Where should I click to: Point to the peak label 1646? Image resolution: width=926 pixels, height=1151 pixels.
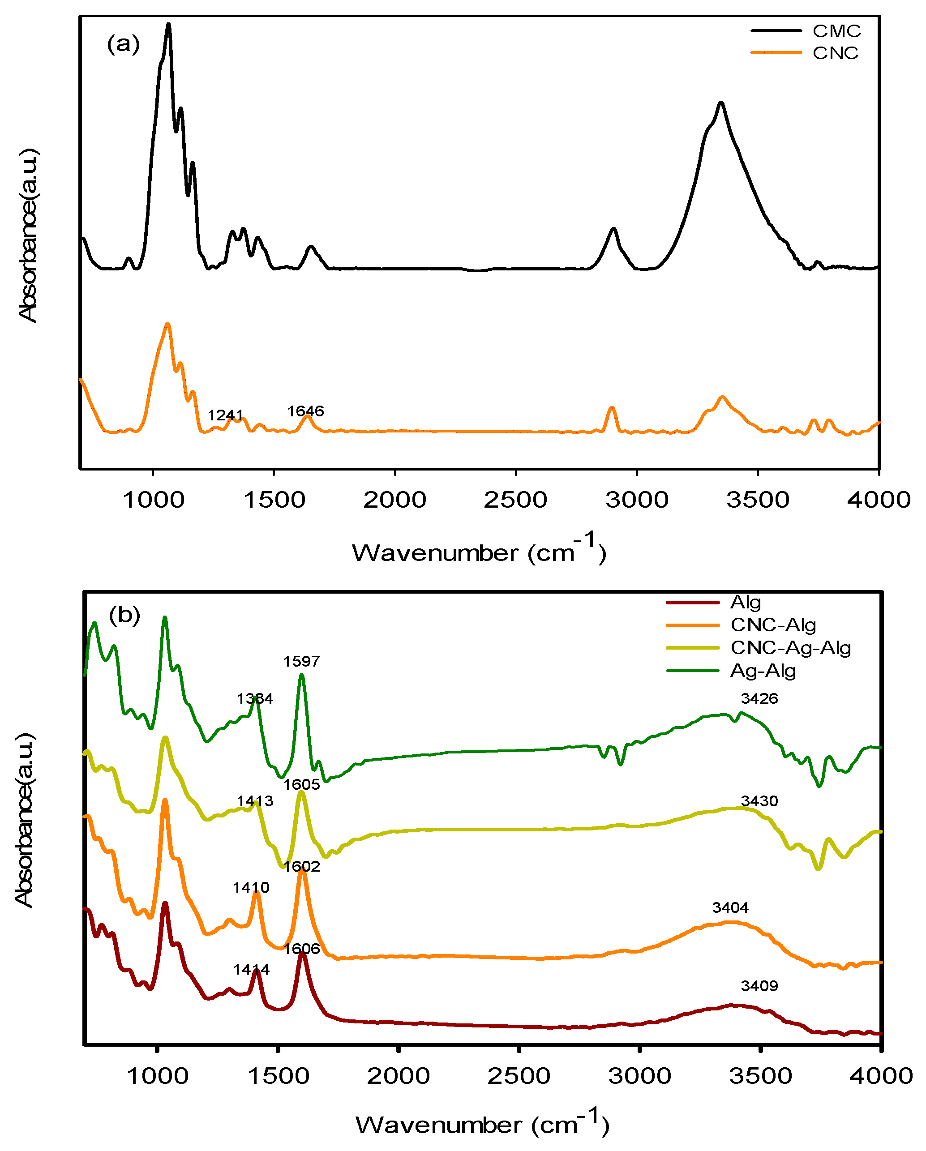tap(305, 411)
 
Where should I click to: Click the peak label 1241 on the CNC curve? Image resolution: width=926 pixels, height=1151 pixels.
tap(225, 415)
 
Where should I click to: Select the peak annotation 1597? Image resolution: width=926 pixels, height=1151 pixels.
tap(301, 661)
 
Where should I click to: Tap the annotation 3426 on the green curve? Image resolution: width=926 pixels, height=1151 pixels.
tap(759, 698)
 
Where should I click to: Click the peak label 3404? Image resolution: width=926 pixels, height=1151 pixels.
tap(730, 907)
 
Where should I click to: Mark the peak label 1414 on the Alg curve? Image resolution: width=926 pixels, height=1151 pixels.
tap(251, 970)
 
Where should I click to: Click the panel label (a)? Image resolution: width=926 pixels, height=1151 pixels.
tap(123, 44)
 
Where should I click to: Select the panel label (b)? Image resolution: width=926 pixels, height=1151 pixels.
tap(124, 615)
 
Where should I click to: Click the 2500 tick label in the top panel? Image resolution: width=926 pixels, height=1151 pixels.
tap(515, 500)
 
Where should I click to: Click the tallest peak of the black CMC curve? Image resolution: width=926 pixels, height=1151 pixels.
tap(169, 25)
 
